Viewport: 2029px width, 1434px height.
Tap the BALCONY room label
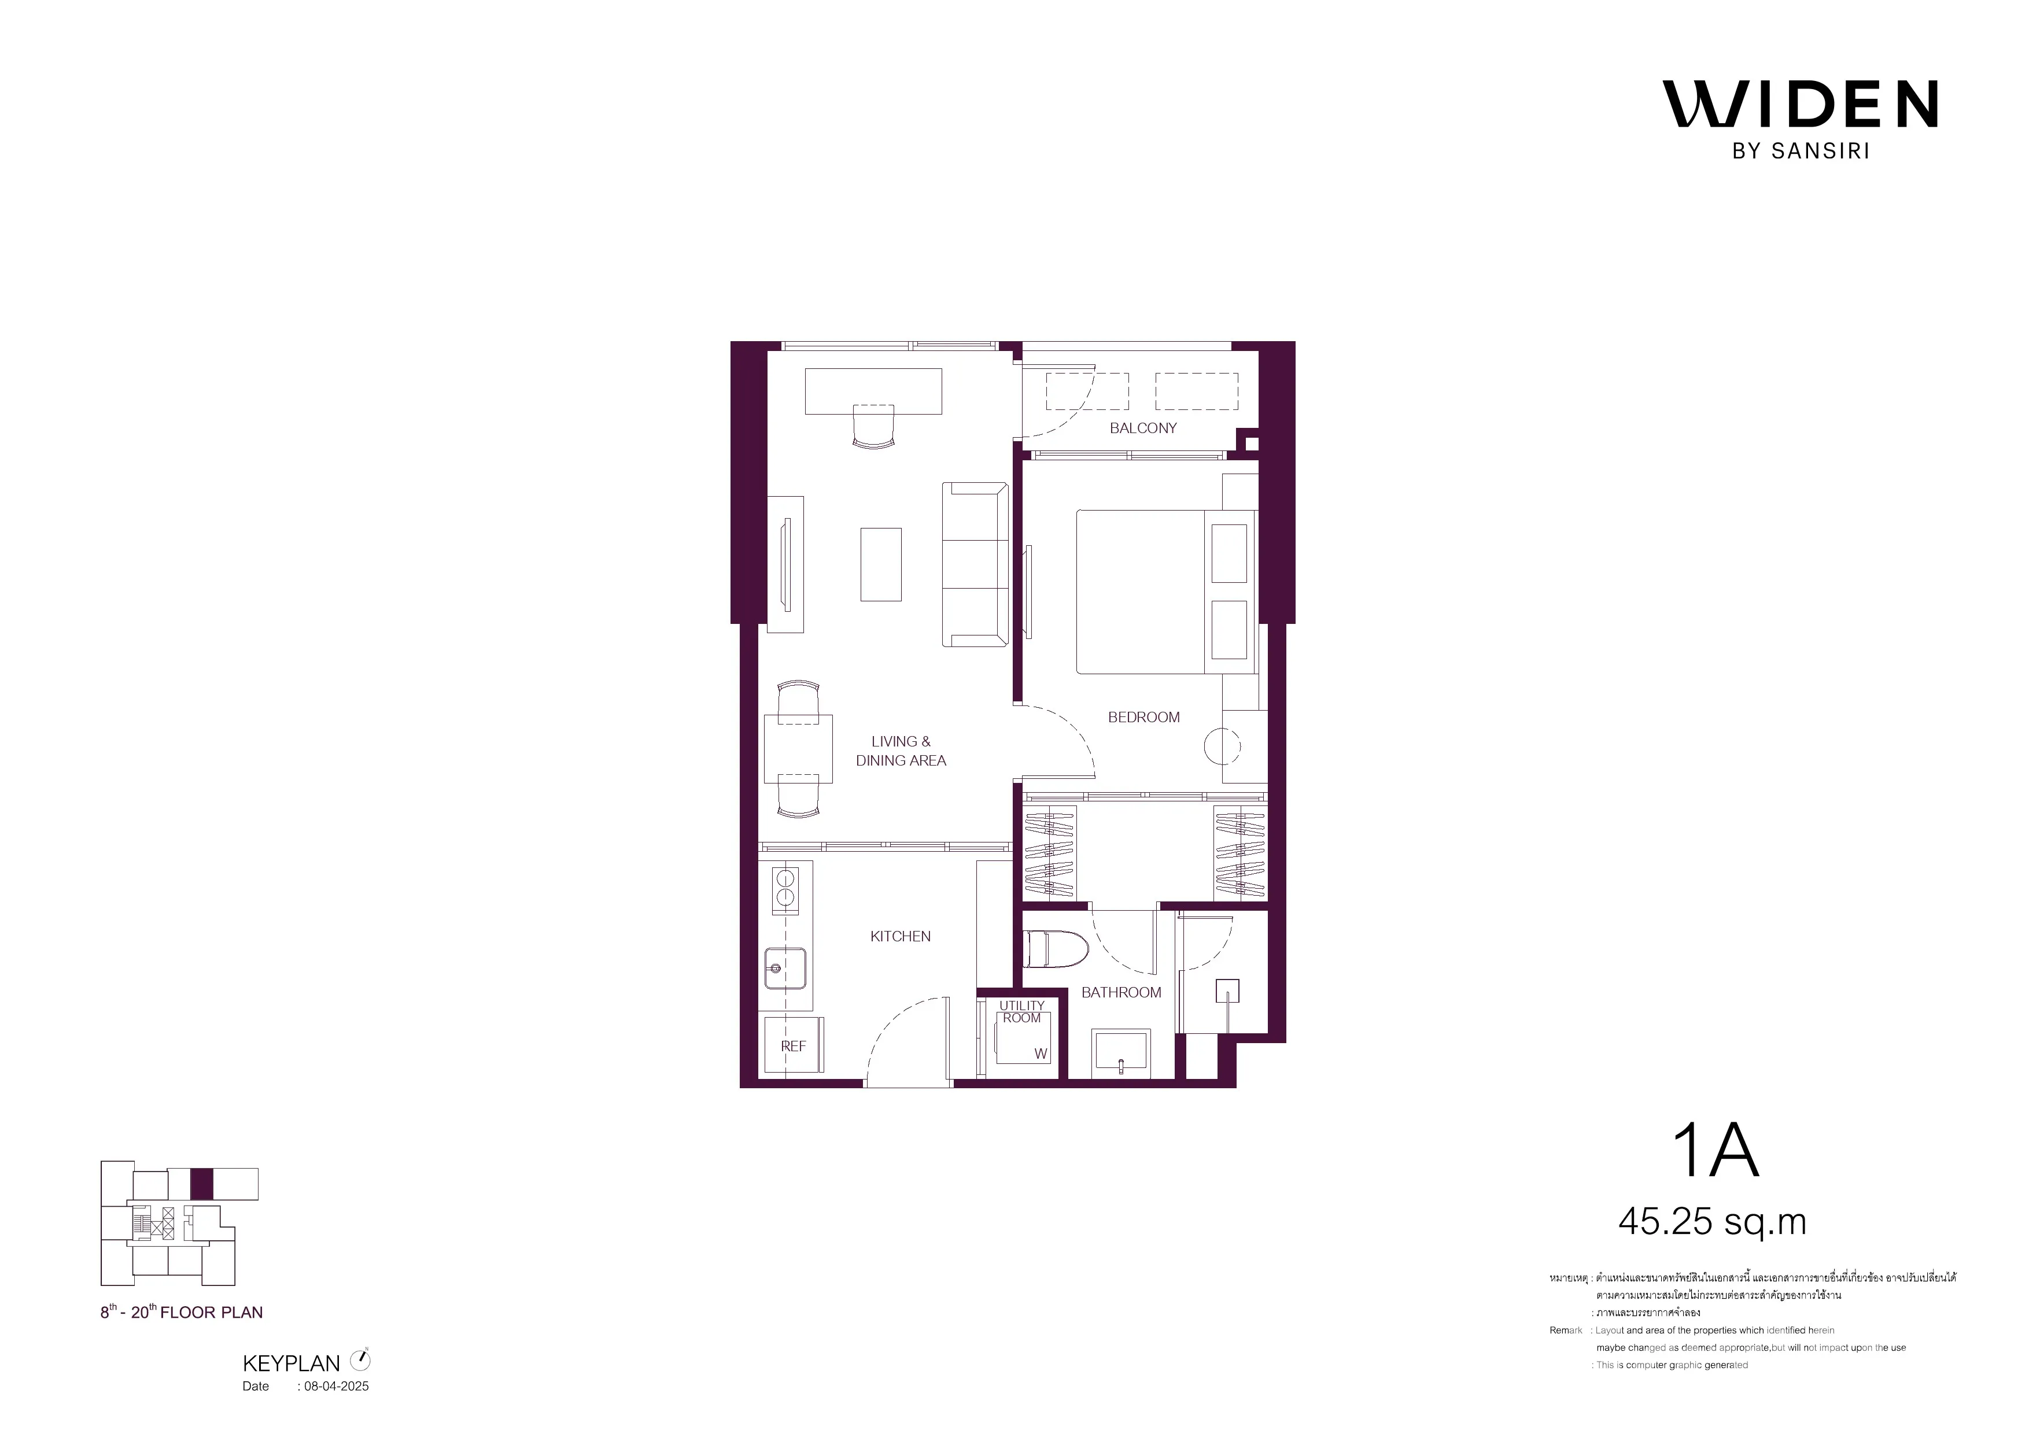[1143, 428]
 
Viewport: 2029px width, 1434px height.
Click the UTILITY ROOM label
[1021, 1012]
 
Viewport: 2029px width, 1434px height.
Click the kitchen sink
[785, 969]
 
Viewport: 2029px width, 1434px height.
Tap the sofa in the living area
[975, 564]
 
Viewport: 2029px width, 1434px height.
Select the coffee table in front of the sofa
[881, 564]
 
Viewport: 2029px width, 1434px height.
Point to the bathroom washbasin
[1120, 1052]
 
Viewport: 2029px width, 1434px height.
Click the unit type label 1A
[1716, 1151]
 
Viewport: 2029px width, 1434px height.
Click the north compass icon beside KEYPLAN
[360, 1360]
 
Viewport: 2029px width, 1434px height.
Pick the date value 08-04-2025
[337, 1386]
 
